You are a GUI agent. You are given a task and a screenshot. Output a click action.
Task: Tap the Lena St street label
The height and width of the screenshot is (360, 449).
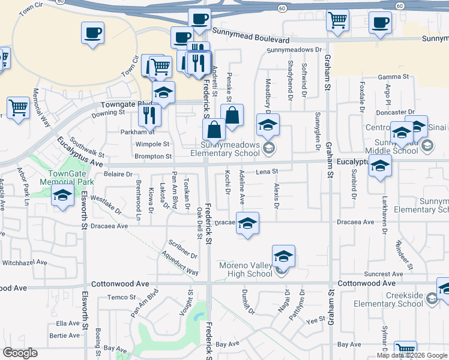click(268, 172)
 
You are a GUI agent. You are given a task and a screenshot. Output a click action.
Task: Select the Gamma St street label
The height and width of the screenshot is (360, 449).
click(393, 77)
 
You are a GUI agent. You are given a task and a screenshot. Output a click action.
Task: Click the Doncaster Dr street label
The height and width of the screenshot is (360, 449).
click(394, 112)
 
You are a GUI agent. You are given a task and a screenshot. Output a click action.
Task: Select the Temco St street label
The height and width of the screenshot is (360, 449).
click(118, 297)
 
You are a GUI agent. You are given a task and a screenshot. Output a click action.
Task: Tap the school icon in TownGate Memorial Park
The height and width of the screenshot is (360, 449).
click(62, 196)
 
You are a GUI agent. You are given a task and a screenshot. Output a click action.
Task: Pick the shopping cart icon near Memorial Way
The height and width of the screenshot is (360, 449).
click(19, 108)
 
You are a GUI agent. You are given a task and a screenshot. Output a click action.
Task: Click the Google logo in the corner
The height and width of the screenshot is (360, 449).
click(20, 353)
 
